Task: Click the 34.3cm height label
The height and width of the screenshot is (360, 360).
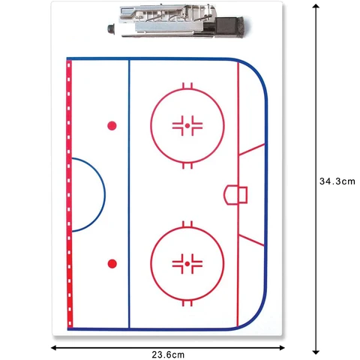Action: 337,181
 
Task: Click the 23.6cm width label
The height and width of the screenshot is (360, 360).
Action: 168,355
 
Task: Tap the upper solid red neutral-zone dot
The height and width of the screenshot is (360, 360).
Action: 112,126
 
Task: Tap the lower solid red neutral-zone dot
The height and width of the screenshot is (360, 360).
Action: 112,264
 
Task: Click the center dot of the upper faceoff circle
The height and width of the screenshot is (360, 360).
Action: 187,126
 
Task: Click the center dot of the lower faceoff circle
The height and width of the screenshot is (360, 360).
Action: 187,264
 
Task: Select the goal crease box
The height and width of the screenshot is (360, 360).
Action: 235,195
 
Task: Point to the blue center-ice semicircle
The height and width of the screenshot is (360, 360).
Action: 105,195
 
